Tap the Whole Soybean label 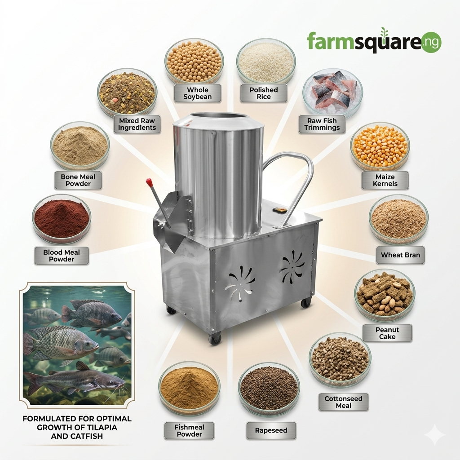[198, 93]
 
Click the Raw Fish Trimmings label [322, 124]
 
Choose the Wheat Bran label [400, 255]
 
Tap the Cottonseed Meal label [343, 402]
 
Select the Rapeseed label [271, 430]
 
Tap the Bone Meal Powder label [78, 180]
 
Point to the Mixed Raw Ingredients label [137, 124]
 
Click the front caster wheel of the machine [215, 339]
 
